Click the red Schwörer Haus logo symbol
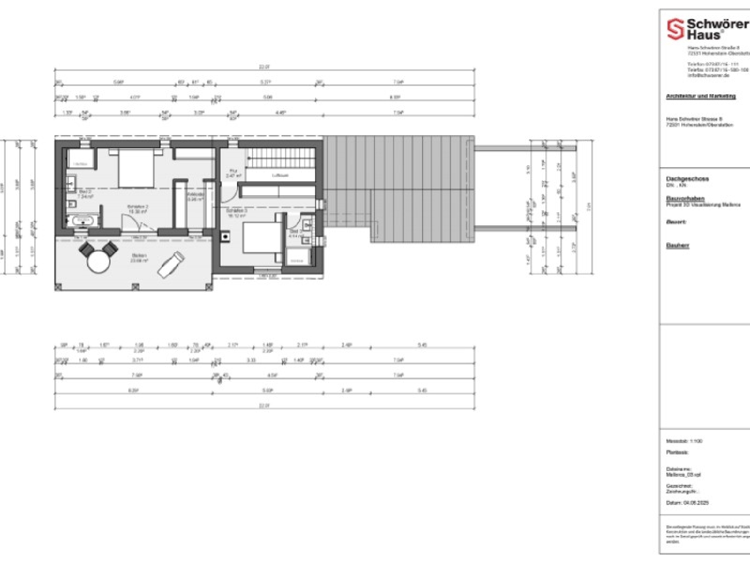coord(675,29)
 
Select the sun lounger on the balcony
coord(171,264)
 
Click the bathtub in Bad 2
coord(83,220)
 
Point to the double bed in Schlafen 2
coord(135,168)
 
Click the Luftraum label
coord(280,176)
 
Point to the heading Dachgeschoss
coord(687,179)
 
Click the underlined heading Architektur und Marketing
coord(700,96)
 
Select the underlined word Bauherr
coord(677,245)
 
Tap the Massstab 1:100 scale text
coord(684,441)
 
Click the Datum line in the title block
coord(687,502)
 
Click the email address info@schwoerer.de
coord(708,76)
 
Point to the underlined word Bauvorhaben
coord(684,198)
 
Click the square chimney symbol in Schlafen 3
coord(225,237)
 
